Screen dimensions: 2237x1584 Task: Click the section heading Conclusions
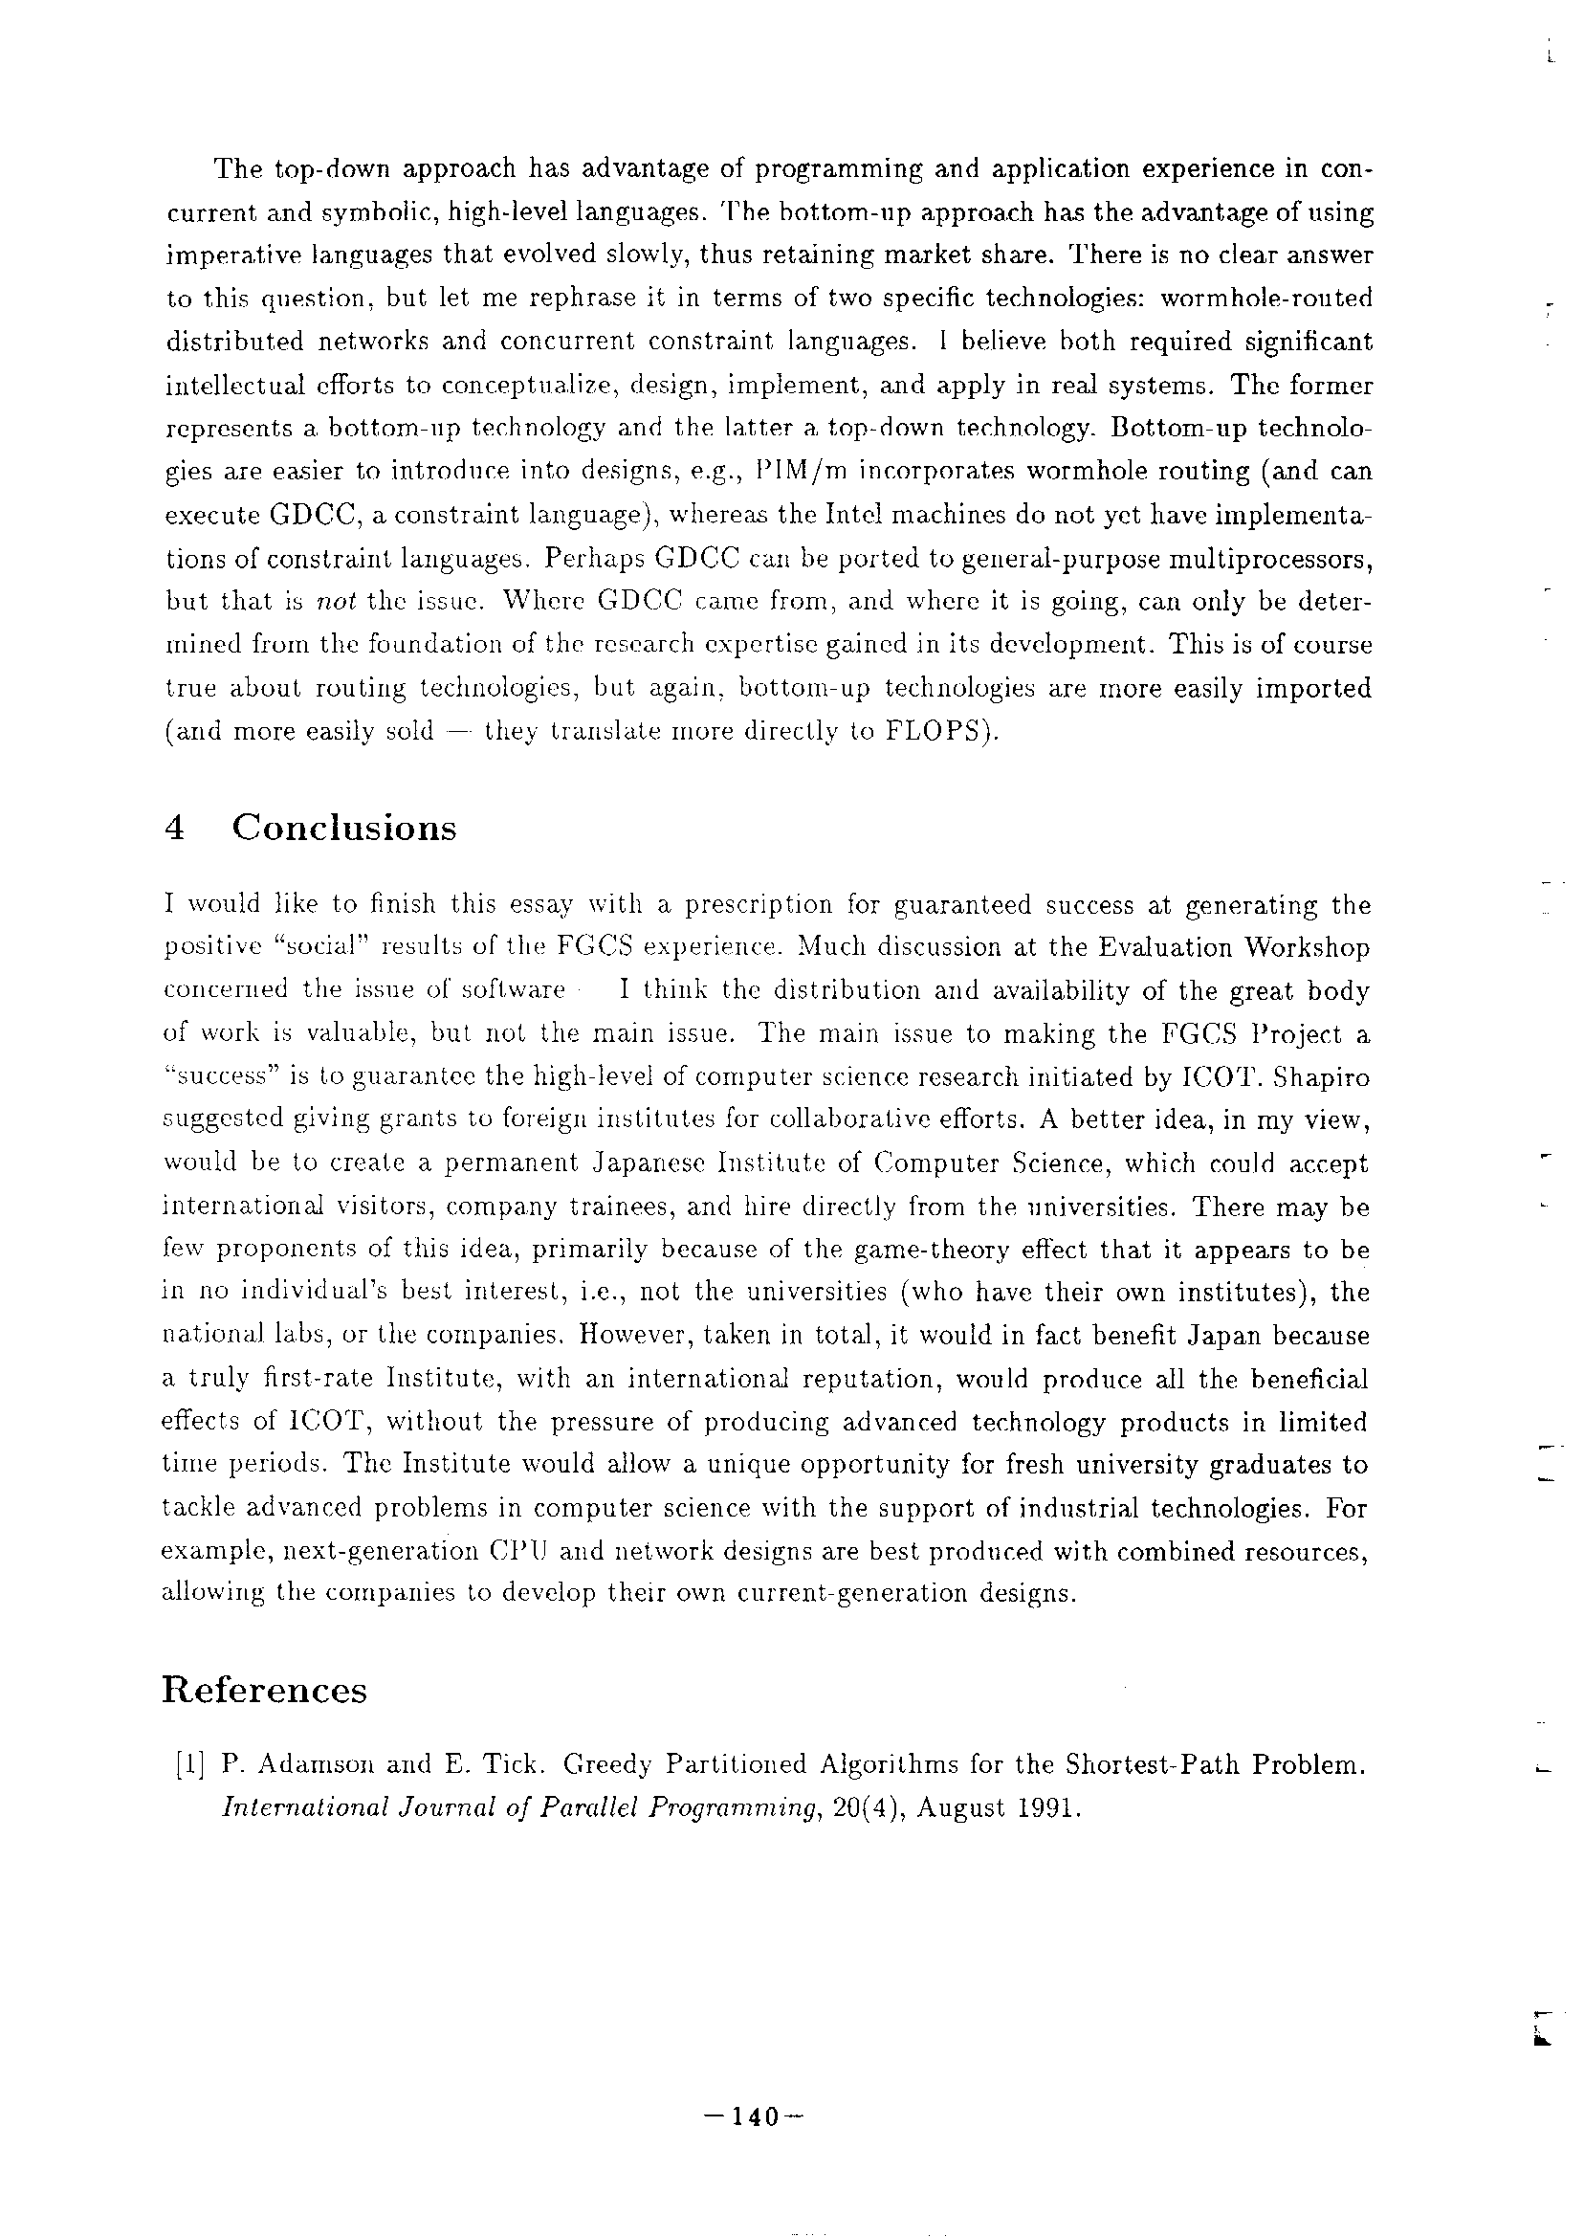point(344,828)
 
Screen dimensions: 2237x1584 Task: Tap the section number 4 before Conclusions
point(176,829)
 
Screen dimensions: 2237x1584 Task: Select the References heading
point(264,1691)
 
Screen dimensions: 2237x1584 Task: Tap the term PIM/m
point(792,471)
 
